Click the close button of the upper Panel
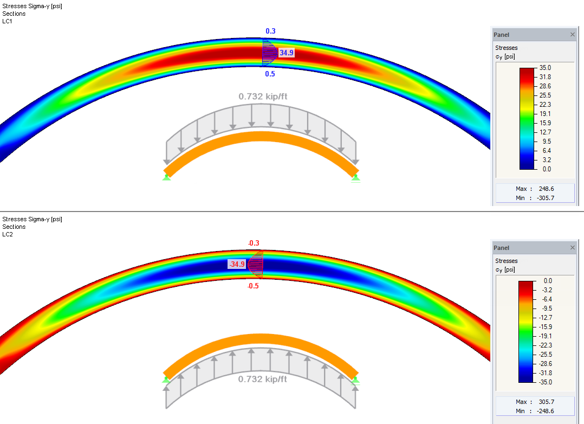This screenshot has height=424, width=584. (573, 35)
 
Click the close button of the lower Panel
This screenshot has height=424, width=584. (573, 248)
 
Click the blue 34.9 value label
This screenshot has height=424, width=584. (287, 53)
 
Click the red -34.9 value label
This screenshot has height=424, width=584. (237, 264)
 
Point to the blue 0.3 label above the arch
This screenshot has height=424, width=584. (270, 31)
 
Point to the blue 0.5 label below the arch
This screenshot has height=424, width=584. (270, 74)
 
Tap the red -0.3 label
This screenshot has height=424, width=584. (254, 243)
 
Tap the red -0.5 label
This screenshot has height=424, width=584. (254, 286)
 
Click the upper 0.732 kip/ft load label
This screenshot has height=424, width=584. (263, 97)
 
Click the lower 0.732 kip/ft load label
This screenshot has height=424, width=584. (263, 379)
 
